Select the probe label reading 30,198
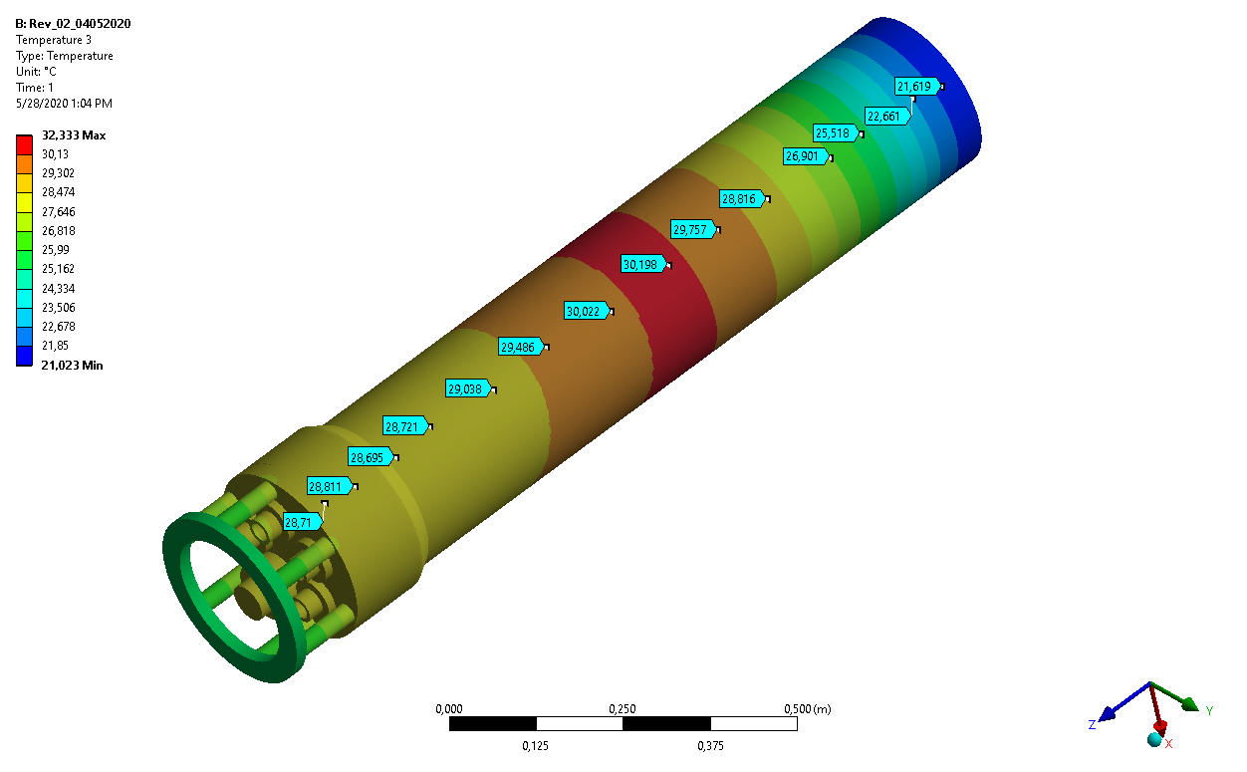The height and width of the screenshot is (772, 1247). click(x=642, y=265)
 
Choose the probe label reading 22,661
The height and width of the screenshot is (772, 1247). click(x=884, y=117)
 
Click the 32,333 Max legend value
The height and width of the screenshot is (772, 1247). click(x=73, y=135)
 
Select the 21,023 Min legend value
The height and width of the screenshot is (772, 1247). click(x=72, y=366)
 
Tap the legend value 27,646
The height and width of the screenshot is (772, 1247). click(x=58, y=212)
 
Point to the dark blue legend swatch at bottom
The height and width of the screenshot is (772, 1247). click(x=24, y=356)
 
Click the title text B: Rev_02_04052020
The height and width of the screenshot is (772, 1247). click(x=73, y=24)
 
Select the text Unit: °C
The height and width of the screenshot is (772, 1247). click(x=42, y=72)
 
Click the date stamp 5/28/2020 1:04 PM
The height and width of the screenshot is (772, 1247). click(x=64, y=104)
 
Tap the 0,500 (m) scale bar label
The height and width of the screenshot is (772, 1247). click(x=807, y=709)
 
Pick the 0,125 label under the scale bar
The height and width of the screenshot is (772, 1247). click(x=536, y=745)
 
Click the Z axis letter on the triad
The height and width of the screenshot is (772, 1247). click(x=1093, y=724)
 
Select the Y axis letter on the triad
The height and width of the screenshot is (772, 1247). click(x=1209, y=710)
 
